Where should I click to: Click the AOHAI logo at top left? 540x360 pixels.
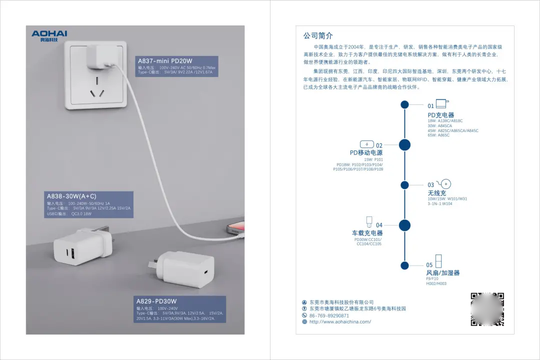pyautogui.click(x=49, y=35)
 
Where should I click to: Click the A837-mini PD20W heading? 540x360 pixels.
pyautogui.click(x=165, y=61)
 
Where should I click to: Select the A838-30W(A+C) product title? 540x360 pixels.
pyautogui.click(x=71, y=196)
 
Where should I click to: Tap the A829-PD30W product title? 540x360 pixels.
pyautogui.click(x=156, y=301)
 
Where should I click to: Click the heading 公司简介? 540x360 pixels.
pyautogui.click(x=318, y=36)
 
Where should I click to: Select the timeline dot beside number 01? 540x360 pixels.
pyautogui.click(x=404, y=104)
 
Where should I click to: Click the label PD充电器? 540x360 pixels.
pyautogui.click(x=440, y=115)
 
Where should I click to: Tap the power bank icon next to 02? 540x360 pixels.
pyautogui.click(x=366, y=144)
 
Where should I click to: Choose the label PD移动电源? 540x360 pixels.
pyautogui.click(x=366, y=152)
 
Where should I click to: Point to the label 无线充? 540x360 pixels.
pyautogui.click(x=436, y=193)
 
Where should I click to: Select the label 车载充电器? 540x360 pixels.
pyautogui.click(x=367, y=233)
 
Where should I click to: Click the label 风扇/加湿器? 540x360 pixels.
pyautogui.click(x=442, y=272)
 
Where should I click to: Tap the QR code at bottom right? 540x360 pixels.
pyautogui.click(x=487, y=309)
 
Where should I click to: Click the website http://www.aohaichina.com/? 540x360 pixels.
pyautogui.click(x=340, y=322)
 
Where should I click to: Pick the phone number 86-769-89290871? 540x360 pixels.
pyautogui.click(x=329, y=315)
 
